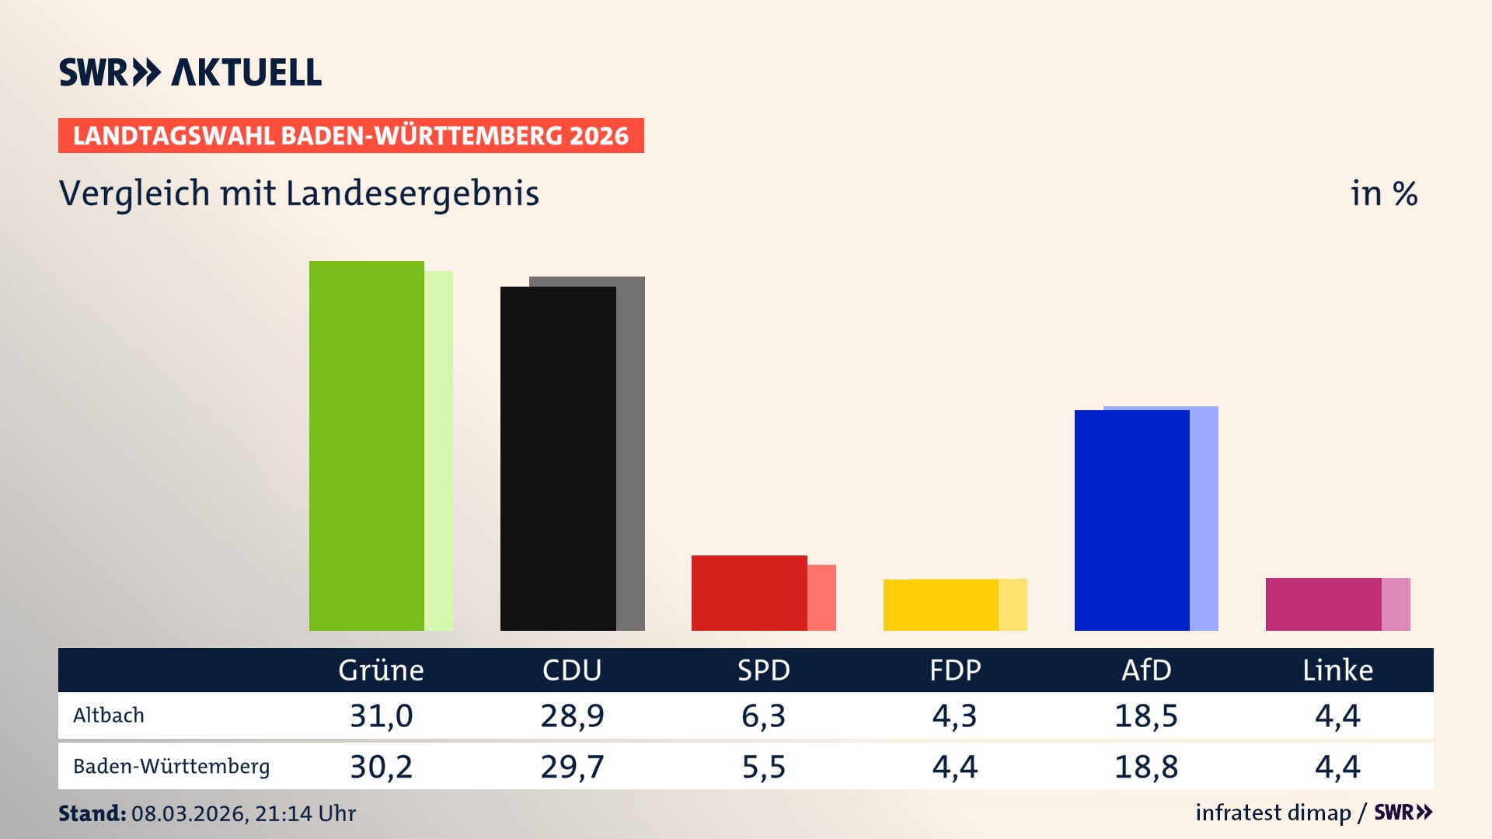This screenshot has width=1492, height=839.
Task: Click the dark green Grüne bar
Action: click(x=367, y=446)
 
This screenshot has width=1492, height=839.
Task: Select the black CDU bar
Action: click(x=558, y=458)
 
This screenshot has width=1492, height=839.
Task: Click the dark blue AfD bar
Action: click(x=1131, y=520)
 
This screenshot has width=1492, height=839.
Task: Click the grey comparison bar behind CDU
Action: click(x=631, y=458)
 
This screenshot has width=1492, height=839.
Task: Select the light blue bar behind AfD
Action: click(x=1204, y=520)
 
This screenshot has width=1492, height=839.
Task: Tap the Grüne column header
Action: click(x=381, y=670)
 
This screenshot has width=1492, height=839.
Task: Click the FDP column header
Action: click(x=955, y=670)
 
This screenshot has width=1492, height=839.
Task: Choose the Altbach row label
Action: click(x=109, y=715)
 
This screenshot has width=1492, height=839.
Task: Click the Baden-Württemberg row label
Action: click(x=171, y=767)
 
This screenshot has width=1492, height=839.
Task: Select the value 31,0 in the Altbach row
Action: click(x=381, y=715)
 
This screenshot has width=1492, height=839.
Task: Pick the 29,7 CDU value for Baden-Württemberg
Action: click(x=572, y=767)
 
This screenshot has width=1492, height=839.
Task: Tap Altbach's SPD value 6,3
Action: click(x=763, y=715)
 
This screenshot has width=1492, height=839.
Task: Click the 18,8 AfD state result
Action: click(x=1146, y=767)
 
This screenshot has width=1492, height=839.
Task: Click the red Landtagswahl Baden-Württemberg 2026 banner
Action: click(x=350, y=136)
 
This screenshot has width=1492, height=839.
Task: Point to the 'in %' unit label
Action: click(x=1383, y=194)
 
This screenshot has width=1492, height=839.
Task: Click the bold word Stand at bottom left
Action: click(x=92, y=813)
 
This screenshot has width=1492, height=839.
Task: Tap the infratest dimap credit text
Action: click(x=1273, y=813)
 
